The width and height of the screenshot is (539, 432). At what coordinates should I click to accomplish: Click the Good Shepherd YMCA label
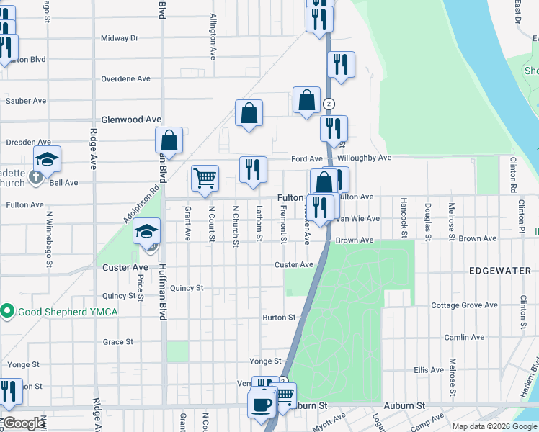point(67,311)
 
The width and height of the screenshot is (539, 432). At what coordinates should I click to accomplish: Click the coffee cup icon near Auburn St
point(261,404)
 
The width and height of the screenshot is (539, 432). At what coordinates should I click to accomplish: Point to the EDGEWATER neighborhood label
point(499,271)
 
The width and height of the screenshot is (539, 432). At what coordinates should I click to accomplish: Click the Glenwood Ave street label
point(131,120)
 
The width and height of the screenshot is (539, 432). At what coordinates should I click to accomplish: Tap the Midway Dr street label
point(120,38)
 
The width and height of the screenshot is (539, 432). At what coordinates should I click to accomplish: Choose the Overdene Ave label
point(125,78)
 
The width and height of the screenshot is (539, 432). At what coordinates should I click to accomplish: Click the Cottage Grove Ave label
point(464,305)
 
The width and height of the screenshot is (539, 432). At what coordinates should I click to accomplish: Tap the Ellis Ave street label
point(429,370)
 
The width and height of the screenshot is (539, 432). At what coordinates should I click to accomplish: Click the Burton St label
point(279,317)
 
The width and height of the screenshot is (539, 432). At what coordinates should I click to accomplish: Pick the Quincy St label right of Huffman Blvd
point(187,288)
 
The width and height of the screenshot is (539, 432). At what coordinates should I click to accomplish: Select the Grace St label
point(118,342)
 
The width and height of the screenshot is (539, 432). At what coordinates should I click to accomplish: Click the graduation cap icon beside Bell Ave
point(47,160)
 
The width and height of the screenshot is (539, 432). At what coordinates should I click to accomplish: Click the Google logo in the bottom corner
point(23,423)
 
